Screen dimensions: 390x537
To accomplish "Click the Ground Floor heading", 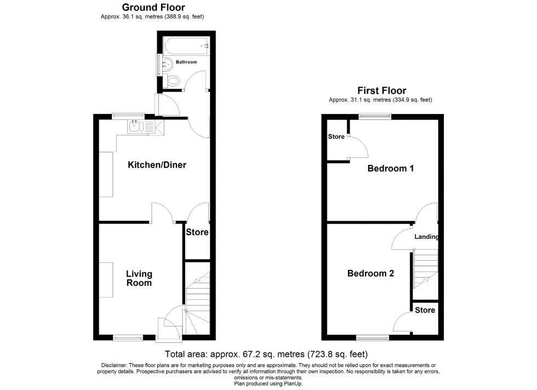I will click(153, 8).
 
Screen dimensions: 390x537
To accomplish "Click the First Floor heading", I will click(381, 90).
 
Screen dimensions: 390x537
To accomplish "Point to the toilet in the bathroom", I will click(173, 82).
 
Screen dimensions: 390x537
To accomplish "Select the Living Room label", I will click(139, 278).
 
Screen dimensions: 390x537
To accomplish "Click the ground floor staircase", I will click(198, 304).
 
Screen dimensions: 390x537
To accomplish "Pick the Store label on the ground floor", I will click(197, 232).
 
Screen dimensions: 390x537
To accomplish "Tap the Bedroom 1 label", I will click(390, 169).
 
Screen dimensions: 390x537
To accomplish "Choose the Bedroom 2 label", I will click(370, 273).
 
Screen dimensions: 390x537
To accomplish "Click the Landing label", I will click(426, 237).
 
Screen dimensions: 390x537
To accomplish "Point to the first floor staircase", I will click(426, 268).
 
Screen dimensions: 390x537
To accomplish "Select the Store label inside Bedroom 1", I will click(336, 136).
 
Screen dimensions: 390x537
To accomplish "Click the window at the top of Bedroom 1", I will click(375, 116).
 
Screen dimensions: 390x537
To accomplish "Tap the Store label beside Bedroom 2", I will click(425, 310).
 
